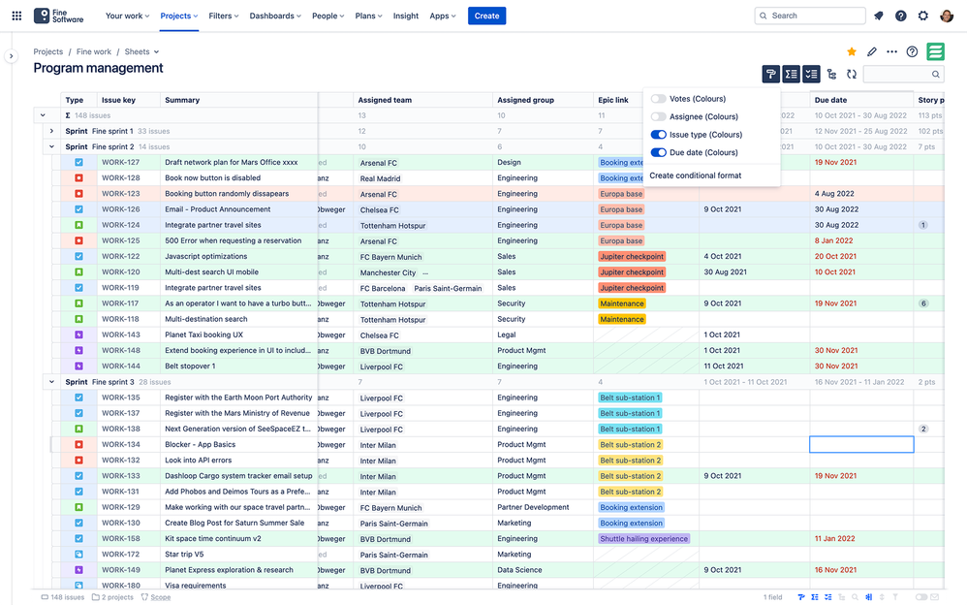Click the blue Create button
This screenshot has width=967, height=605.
click(x=486, y=16)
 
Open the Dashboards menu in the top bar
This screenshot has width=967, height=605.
click(x=275, y=16)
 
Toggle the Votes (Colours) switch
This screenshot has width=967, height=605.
click(x=658, y=99)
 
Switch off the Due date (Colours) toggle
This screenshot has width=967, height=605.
click(x=658, y=152)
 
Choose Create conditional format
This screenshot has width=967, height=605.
click(x=695, y=175)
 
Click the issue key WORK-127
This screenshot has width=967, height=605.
click(x=120, y=163)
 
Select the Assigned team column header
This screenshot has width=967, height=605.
click(x=385, y=100)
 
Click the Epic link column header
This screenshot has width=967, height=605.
click(x=613, y=100)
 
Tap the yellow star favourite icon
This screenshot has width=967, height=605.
click(x=852, y=52)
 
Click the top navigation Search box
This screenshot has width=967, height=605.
click(x=810, y=16)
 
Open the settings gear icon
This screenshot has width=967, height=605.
click(x=922, y=16)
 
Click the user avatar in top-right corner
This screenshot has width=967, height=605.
click(x=946, y=16)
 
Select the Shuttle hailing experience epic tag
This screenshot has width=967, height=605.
click(x=643, y=539)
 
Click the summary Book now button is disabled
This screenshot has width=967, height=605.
click(x=212, y=178)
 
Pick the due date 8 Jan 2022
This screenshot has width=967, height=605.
click(x=833, y=241)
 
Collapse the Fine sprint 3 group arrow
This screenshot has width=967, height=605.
click(x=51, y=382)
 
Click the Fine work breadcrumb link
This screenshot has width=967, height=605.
click(x=94, y=52)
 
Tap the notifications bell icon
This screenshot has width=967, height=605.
click(x=879, y=16)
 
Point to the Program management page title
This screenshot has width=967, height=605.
click(x=98, y=69)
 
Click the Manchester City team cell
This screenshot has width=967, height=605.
click(x=388, y=272)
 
